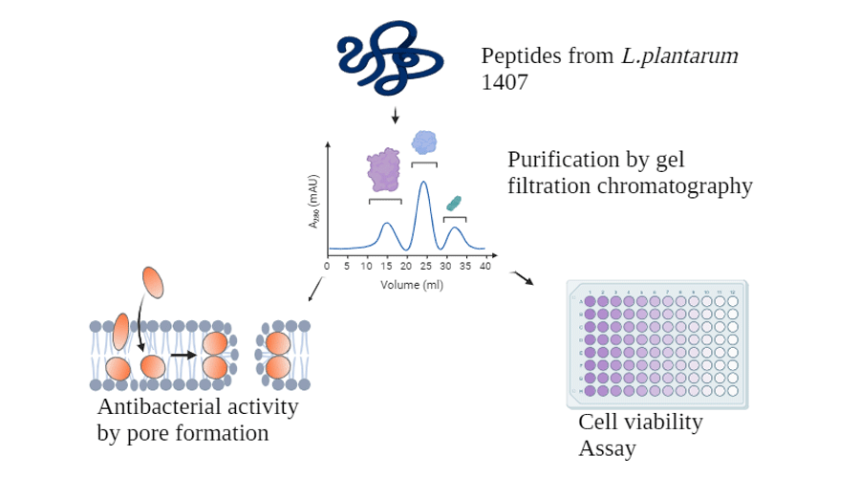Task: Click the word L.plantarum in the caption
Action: (679, 55)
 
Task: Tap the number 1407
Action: (505, 82)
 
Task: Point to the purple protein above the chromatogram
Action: (384, 168)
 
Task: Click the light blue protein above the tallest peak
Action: (424, 142)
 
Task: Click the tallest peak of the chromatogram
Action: (423, 184)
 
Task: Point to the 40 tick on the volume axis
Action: (484, 267)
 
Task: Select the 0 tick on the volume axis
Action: (327, 267)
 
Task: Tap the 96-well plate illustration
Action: (657, 342)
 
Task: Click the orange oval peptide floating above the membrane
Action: (153, 283)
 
